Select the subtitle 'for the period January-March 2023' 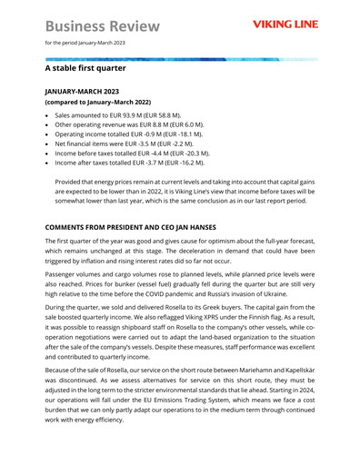(x=85, y=43)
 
